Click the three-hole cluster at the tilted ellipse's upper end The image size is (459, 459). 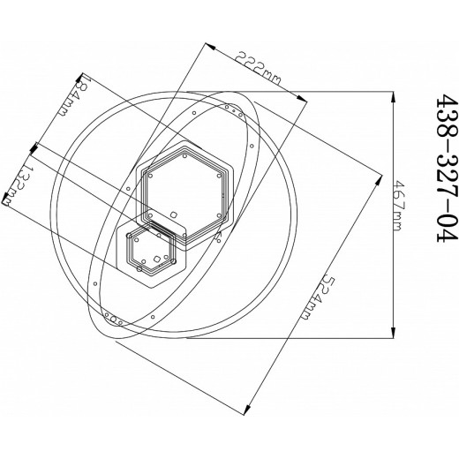pyautogui.click(x=233, y=110)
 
